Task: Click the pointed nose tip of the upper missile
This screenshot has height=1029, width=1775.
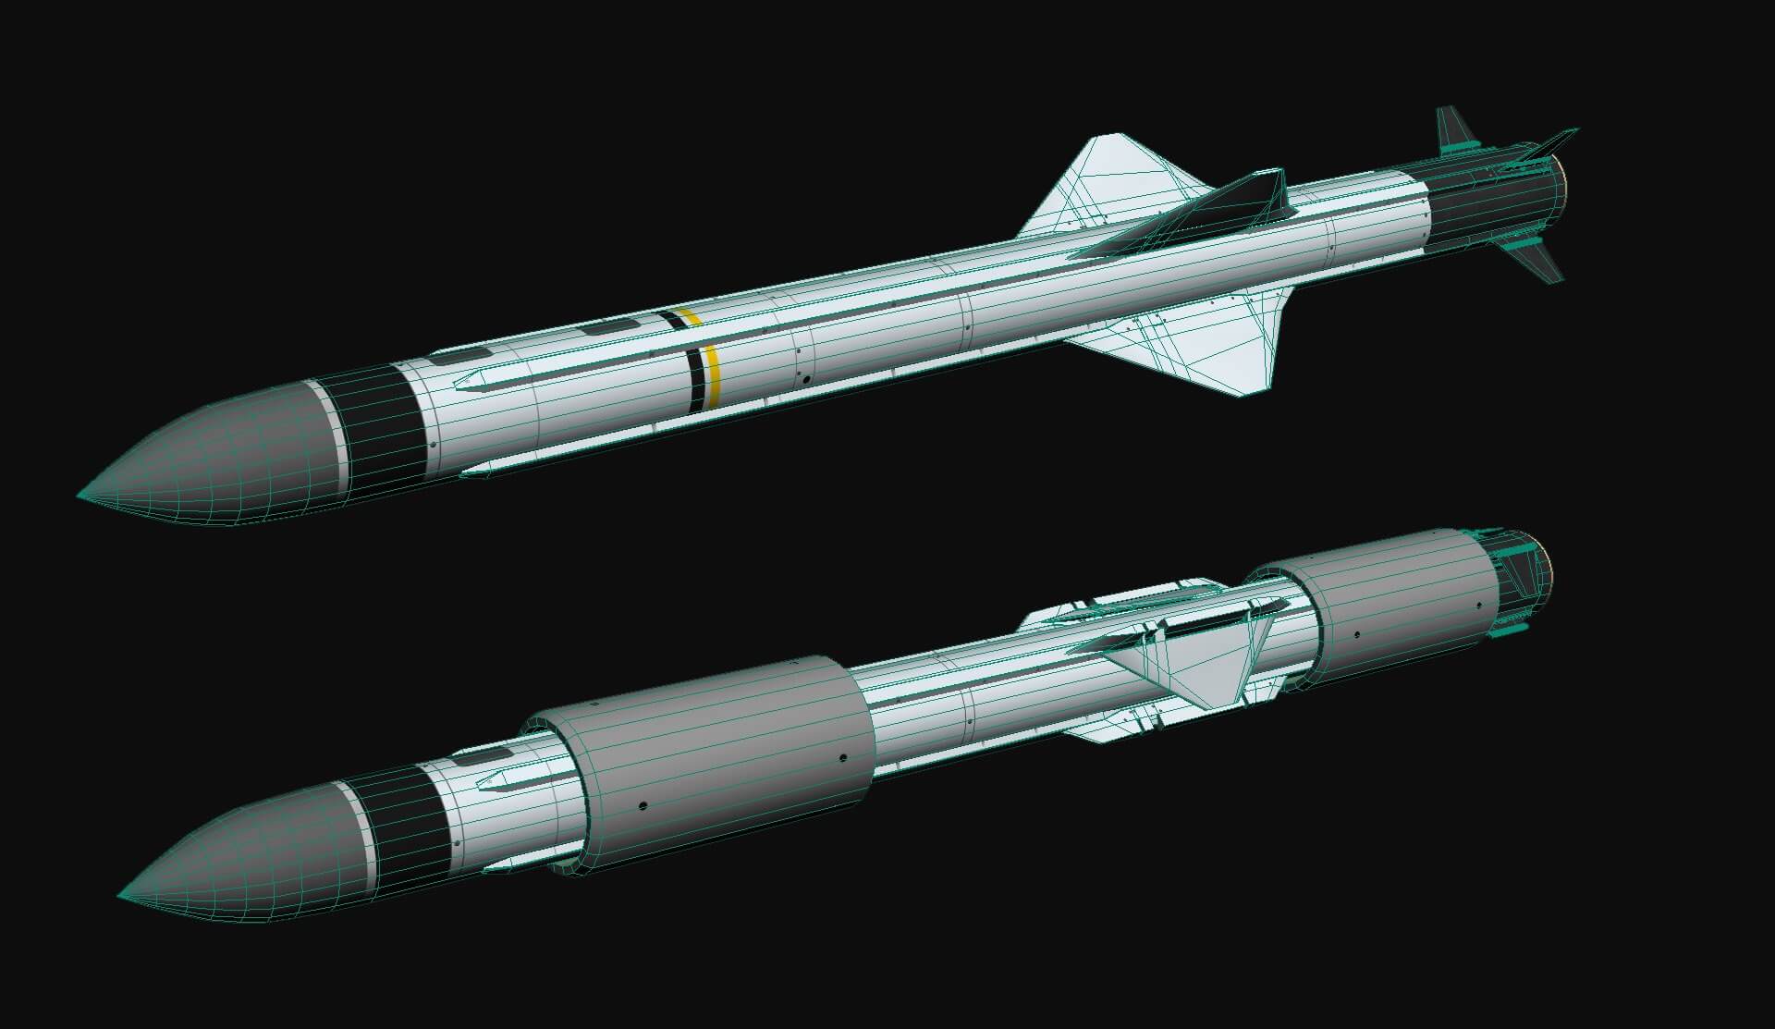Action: tap(81, 495)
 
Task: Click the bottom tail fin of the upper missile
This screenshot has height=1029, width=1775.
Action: tap(1535, 259)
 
